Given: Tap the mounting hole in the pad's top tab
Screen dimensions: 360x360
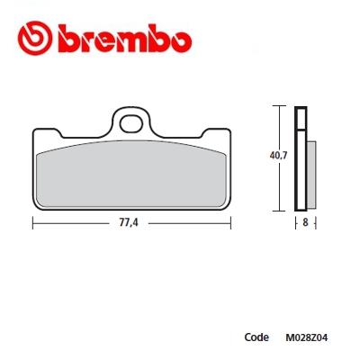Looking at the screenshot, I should point(131,119).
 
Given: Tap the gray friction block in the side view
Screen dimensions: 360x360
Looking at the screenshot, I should point(311,172).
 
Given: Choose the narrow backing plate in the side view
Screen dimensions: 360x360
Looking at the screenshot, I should point(302,157).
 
